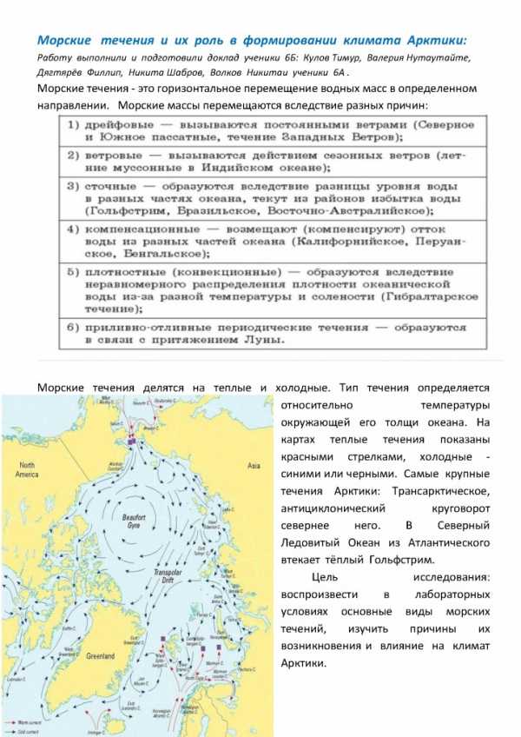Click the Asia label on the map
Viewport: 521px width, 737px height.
point(253,467)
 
